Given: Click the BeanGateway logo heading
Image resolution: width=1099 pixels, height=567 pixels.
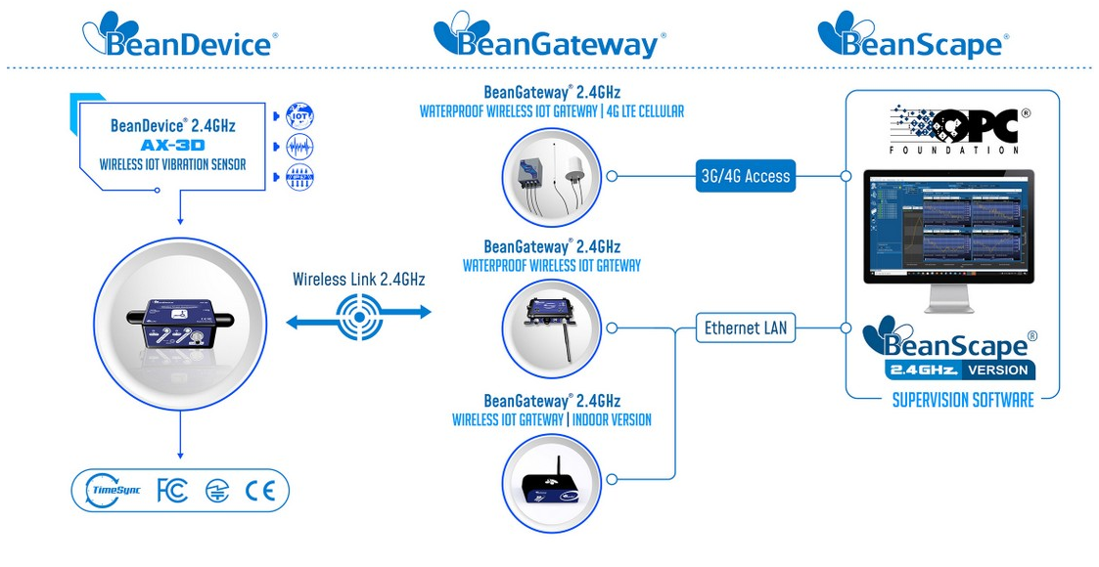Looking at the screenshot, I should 549,37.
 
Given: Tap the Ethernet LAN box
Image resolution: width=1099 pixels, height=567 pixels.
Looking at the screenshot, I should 746,328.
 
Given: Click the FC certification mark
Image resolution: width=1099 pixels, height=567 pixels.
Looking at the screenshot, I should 171,491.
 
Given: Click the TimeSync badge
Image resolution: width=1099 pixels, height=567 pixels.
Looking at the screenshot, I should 114,491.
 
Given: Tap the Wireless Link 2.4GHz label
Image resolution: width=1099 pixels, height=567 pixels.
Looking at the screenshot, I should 358,280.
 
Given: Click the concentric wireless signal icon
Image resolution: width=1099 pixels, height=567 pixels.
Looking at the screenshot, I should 357,313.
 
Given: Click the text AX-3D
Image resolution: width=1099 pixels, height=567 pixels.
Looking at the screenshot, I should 172,145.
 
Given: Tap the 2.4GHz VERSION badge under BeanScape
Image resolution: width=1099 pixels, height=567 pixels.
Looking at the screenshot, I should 959,371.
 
